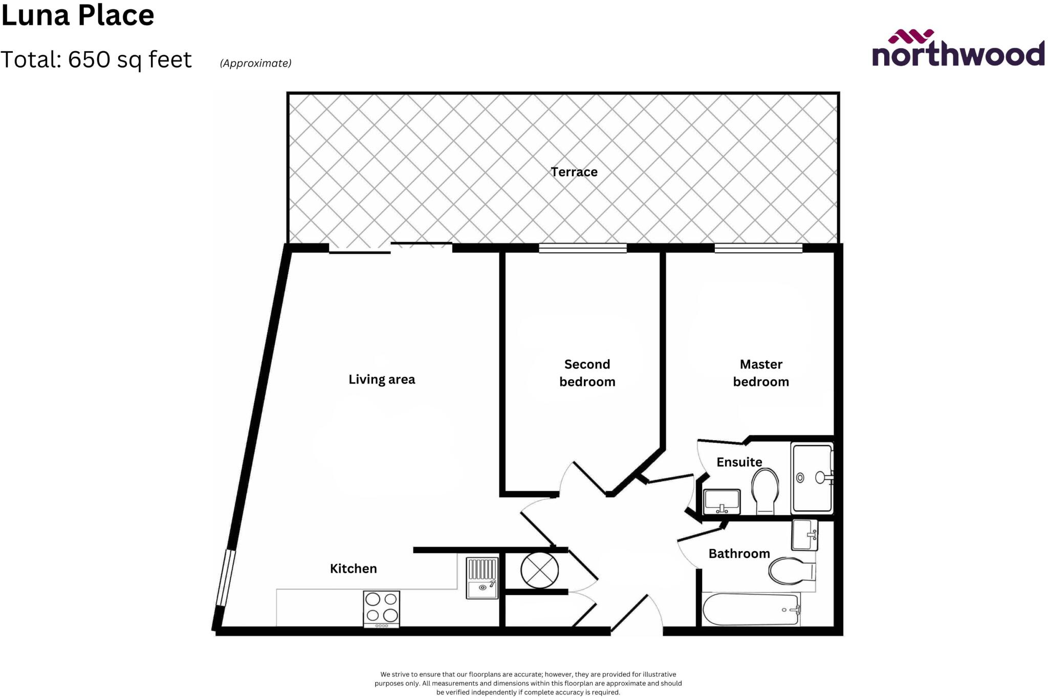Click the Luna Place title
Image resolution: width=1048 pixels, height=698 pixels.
78,15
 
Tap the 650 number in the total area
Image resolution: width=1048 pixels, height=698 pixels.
89,60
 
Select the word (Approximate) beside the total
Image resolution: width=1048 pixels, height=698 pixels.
255,63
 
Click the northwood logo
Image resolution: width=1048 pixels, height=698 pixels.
958,49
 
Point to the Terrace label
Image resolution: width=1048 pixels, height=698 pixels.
574,172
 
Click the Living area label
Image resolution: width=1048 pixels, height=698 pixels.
382,380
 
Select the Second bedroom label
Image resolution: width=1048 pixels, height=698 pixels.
587,373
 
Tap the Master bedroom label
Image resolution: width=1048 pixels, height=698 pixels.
761,373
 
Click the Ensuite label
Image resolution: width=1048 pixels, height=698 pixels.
739,462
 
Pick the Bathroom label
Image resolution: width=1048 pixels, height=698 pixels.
739,554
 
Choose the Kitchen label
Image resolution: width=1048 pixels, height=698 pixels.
353,569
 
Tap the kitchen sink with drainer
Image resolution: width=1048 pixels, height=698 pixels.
482,578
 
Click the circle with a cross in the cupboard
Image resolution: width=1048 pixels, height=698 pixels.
539,570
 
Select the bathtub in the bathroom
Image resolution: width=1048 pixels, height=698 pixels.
751,609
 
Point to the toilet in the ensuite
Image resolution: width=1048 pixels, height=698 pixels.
765,490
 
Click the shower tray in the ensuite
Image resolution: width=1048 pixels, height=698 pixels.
812,478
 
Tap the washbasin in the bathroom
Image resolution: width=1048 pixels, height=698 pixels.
804,535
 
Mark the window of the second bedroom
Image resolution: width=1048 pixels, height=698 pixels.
582,248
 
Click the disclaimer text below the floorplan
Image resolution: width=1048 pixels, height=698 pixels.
528,683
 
